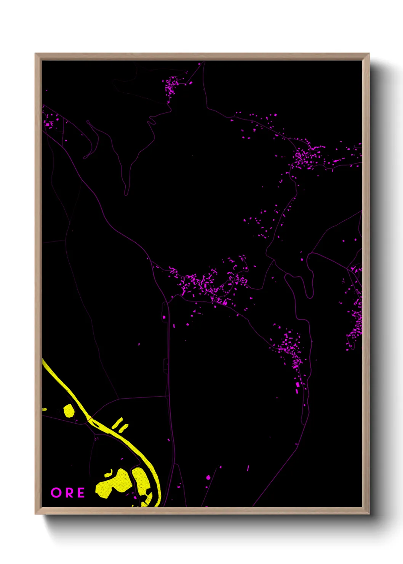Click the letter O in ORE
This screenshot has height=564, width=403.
[x=56, y=493]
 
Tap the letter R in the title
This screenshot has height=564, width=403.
[x=69, y=493]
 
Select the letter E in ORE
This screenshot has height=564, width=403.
[x=81, y=493]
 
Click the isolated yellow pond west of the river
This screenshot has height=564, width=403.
[x=69, y=411]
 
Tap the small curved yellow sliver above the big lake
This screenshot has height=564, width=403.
[x=109, y=474]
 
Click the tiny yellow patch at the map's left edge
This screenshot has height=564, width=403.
[x=44, y=410]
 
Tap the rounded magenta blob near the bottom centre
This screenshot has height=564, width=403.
[x=208, y=477]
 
